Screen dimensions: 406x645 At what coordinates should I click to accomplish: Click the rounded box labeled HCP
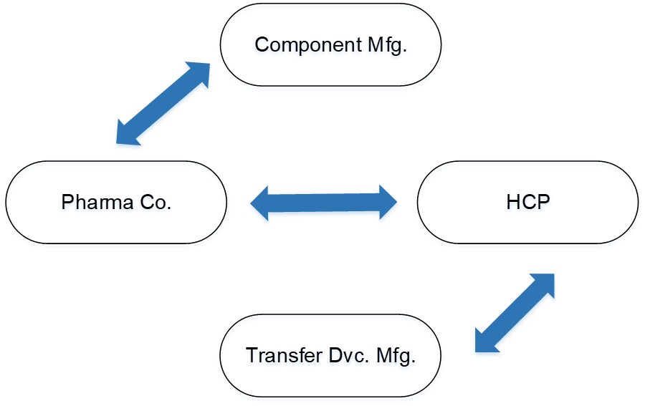(527, 200)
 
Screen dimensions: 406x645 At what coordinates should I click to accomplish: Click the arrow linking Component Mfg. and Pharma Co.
(163, 103)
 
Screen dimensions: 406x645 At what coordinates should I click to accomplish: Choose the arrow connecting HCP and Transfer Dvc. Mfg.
(515, 312)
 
